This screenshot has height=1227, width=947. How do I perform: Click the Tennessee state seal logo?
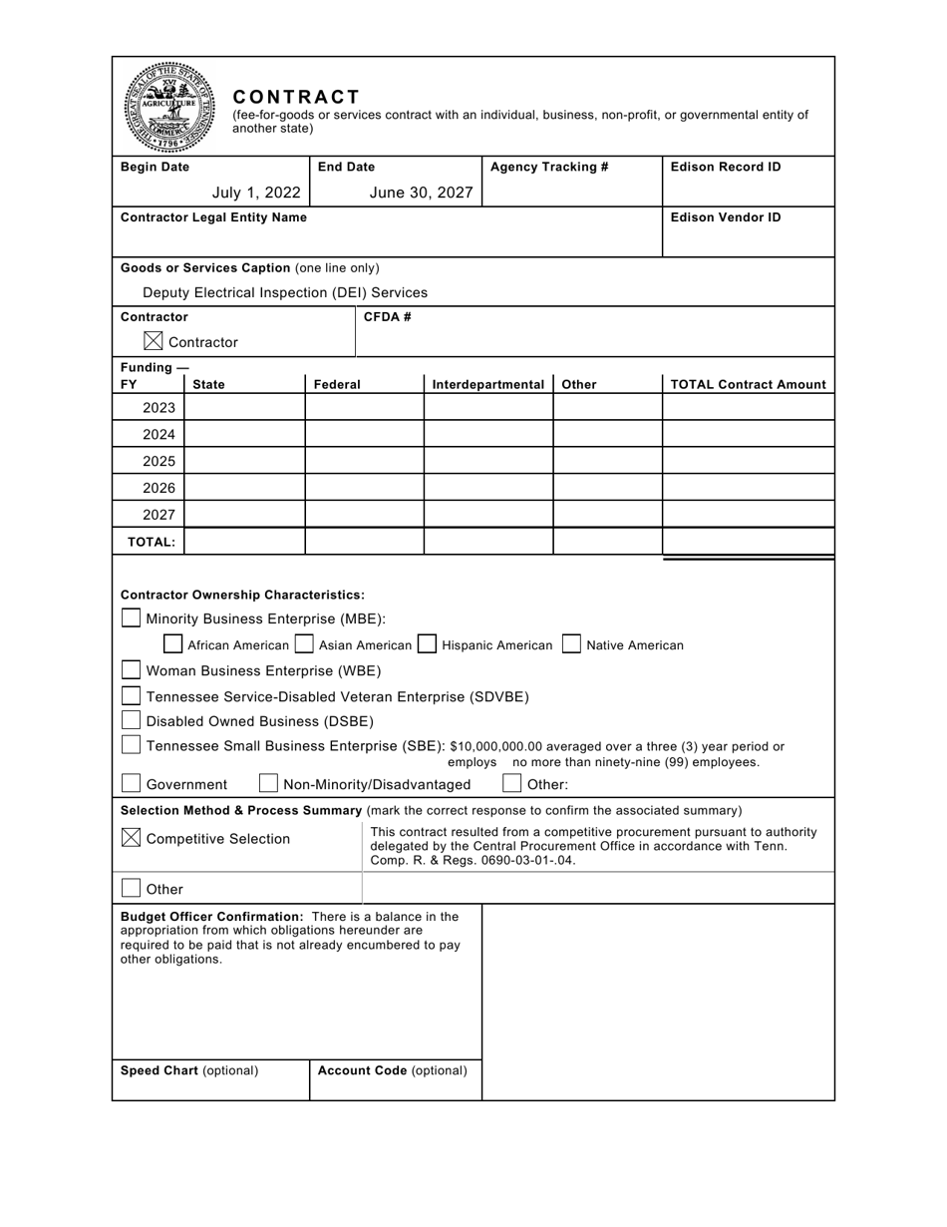coord(168,107)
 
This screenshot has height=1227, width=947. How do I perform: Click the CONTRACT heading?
coord(296,97)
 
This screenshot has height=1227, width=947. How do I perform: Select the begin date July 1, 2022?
coord(256,193)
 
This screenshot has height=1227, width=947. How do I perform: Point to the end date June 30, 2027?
coord(421,193)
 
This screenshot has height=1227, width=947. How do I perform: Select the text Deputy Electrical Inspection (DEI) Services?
coord(285,292)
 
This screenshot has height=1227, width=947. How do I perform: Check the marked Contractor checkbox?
coord(153,341)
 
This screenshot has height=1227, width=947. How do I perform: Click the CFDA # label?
coord(388,317)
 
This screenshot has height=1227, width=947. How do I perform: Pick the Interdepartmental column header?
coord(488,384)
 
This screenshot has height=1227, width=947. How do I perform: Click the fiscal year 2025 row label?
coord(158,461)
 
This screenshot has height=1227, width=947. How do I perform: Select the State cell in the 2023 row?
coord(244,407)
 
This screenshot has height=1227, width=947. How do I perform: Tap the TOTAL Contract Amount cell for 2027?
coord(748,514)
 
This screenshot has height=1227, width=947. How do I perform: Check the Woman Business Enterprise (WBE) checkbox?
coord(131,669)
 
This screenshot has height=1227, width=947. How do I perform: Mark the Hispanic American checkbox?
coord(427,644)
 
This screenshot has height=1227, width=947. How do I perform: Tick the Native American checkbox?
coord(571,644)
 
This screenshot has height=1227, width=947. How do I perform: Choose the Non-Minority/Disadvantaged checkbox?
coord(268,783)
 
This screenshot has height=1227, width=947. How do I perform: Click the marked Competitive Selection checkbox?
coord(131,838)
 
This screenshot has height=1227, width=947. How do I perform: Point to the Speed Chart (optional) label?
coord(189,1070)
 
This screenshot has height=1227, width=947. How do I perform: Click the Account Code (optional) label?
coord(392,1070)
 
